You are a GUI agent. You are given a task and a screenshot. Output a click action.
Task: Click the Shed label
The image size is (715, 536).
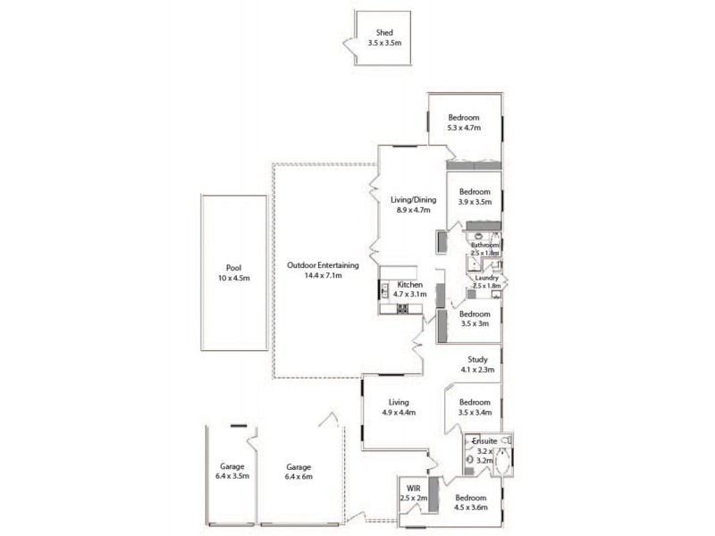pos(384,33)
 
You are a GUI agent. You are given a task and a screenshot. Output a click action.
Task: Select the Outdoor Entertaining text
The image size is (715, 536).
pos(323,265)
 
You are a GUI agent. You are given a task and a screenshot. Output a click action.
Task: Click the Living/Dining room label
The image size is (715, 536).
pos(411,200)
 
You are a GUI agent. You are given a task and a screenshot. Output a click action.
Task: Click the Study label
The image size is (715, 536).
pos(477,360)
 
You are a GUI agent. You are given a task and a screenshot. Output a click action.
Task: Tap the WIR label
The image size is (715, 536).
pos(413,489)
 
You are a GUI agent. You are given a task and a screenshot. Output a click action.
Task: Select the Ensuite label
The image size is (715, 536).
pos(484,441)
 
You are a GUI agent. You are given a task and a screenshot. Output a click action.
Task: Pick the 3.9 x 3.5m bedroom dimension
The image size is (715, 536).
pos(475,203)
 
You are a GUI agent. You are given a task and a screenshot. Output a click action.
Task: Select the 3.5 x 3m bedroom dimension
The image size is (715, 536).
pos(475,324)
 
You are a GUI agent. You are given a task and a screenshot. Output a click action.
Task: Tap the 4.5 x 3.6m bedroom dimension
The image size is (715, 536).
pos(470,508)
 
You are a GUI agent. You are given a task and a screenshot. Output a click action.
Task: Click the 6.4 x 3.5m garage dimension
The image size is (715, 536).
pos(232,477)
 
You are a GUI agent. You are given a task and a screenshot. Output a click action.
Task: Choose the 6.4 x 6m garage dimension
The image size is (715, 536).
pos(299,477)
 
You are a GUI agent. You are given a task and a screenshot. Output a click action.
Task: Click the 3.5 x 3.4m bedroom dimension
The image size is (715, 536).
pos(475,413)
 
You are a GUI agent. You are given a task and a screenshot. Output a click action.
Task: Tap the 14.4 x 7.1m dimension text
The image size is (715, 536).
pos(323,276)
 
